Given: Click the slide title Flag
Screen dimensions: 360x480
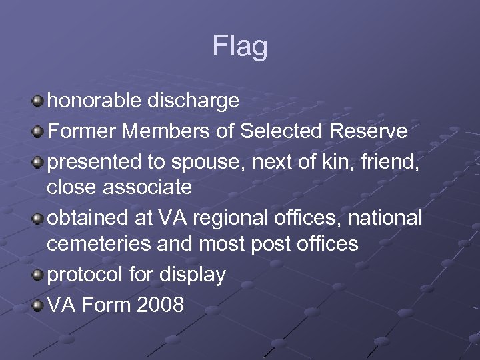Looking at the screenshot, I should (240, 47).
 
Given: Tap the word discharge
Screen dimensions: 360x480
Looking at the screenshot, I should (199, 101).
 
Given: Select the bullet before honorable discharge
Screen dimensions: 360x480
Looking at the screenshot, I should (38, 101).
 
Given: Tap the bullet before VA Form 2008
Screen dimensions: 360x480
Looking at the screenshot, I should (38, 305).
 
